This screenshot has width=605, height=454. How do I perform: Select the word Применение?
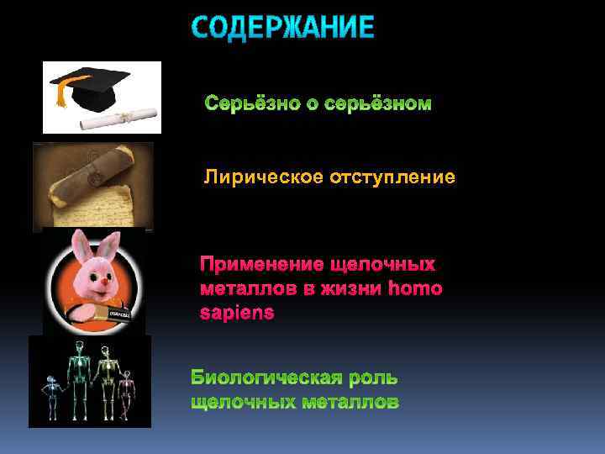pos(259,265)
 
